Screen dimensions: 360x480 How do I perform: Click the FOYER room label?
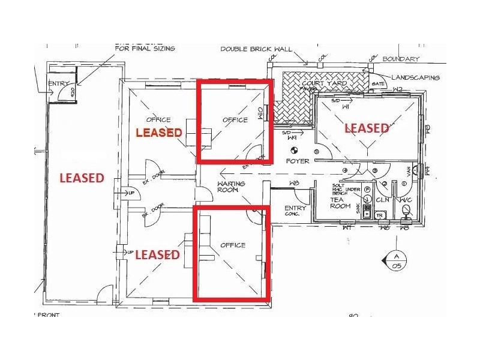pos(298,161)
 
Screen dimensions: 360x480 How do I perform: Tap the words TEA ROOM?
pos(340,202)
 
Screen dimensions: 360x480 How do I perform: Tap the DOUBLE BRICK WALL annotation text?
pos(256,49)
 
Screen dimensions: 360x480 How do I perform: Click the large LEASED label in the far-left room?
pos(82,178)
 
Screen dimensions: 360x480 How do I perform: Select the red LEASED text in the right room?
pos(366,128)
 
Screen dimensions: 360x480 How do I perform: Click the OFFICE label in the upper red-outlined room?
pos(235,120)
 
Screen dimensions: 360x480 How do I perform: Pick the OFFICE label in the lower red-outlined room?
pos(233,245)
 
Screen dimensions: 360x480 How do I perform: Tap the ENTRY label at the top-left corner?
pos(59,83)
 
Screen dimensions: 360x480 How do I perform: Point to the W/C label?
pos(406,199)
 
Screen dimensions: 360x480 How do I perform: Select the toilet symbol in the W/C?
pos(406,211)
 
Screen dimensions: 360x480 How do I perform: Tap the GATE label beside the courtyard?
pos(378,84)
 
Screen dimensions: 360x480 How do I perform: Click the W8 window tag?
pos(294,183)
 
